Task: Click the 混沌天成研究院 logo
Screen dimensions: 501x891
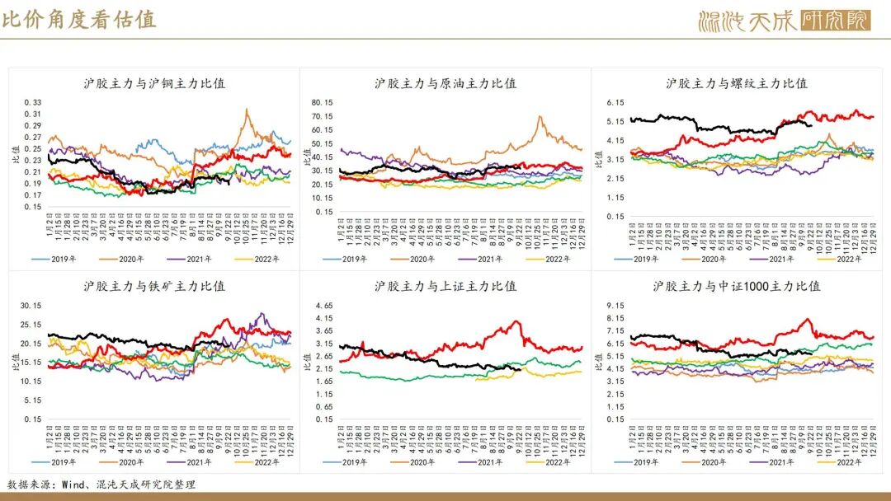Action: coord(784,19)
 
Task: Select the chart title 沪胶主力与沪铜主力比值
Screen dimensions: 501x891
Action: coord(154,83)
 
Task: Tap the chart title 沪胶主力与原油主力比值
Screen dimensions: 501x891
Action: coord(445,83)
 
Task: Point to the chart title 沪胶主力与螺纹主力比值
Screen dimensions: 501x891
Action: coord(737,83)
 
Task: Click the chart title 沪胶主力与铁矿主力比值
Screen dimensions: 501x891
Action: coord(154,286)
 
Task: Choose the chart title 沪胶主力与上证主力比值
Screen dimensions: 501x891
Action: coord(445,286)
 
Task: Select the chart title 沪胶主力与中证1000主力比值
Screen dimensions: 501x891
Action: coord(737,286)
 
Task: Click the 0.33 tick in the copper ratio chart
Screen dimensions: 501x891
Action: coord(32,102)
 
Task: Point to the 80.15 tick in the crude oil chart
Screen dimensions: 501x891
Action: coord(322,102)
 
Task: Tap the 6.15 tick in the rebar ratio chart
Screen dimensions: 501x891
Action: coord(615,102)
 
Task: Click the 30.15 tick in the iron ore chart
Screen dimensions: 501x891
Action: coord(31,306)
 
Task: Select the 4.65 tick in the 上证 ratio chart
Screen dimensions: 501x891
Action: coord(323,306)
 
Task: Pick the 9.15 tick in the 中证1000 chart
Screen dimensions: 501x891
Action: coord(615,306)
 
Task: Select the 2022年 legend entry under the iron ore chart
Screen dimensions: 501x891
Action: coord(257,462)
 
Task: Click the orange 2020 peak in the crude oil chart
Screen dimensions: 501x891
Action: coord(540,117)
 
